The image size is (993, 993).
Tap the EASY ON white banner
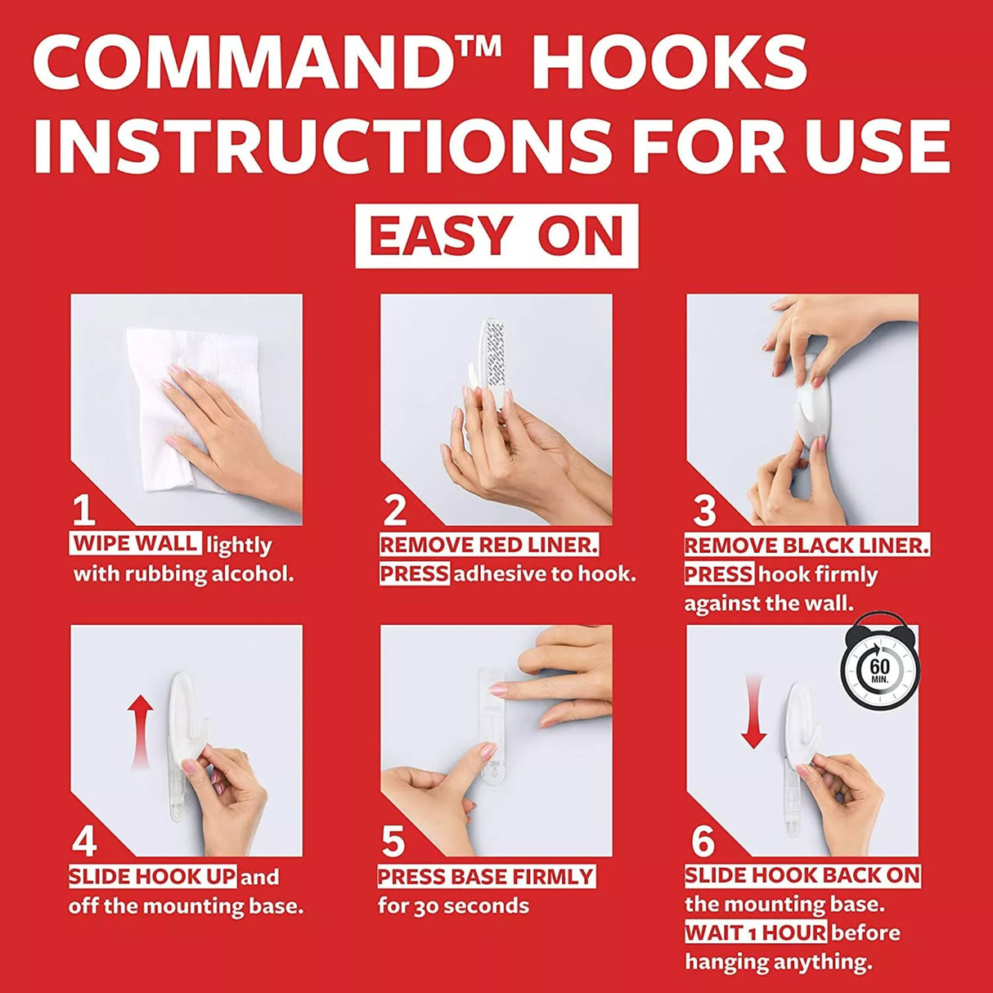point(496,236)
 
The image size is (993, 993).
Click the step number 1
point(84,510)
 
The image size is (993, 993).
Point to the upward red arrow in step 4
point(140,733)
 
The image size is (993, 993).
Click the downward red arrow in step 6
point(753,712)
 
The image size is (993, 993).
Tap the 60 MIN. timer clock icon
point(879,668)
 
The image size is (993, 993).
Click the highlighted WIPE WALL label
point(136,544)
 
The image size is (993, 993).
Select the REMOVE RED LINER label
point(489,545)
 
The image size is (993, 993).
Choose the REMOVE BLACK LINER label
point(807,546)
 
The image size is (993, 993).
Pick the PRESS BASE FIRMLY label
point(487,876)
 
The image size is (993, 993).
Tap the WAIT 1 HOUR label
point(756,932)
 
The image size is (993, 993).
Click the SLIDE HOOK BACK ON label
point(802,875)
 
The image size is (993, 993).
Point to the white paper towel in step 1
point(191,410)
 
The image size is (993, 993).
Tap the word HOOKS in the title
point(669,62)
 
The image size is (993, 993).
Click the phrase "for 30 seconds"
point(453,906)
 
